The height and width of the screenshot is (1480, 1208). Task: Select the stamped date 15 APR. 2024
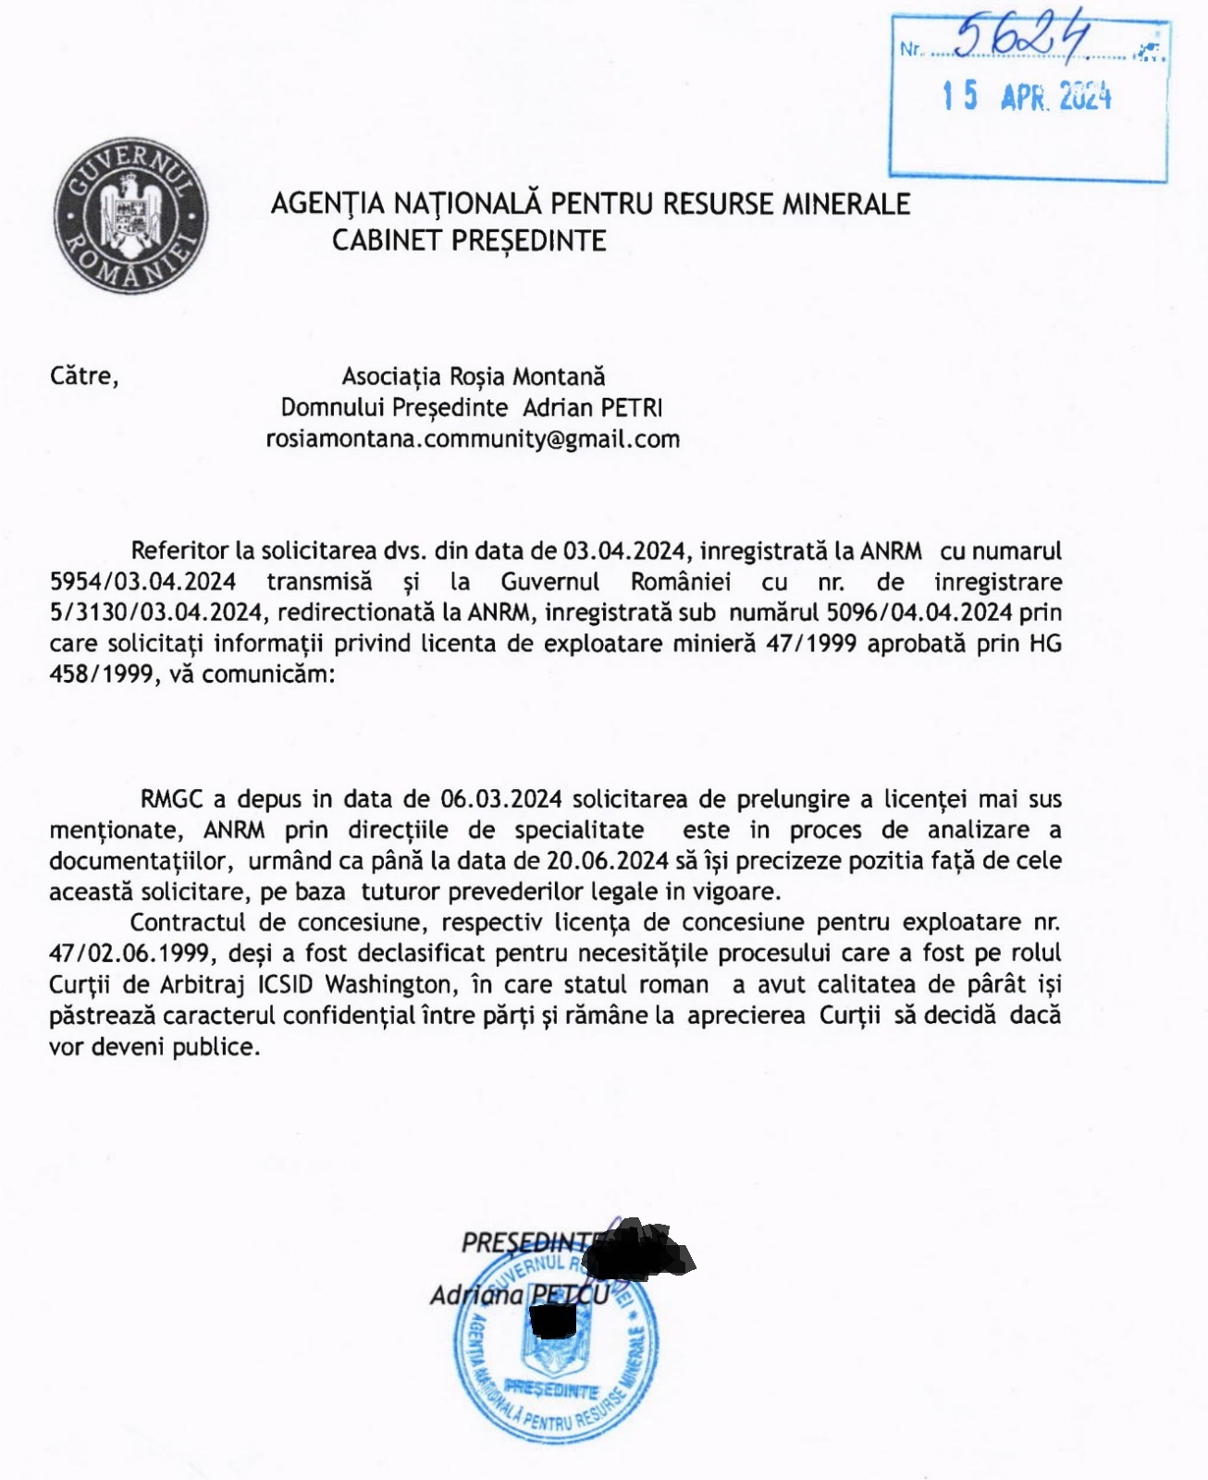(x=1027, y=96)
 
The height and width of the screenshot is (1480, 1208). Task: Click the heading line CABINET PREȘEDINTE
(x=469, y=240)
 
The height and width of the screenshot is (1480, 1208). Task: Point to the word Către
(x=84, y=376)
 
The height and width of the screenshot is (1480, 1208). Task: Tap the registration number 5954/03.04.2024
(x=142, y=582)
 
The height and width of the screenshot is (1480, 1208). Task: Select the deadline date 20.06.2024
(x=608, y=860)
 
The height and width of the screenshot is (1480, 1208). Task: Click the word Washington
(x=387, y=984)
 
